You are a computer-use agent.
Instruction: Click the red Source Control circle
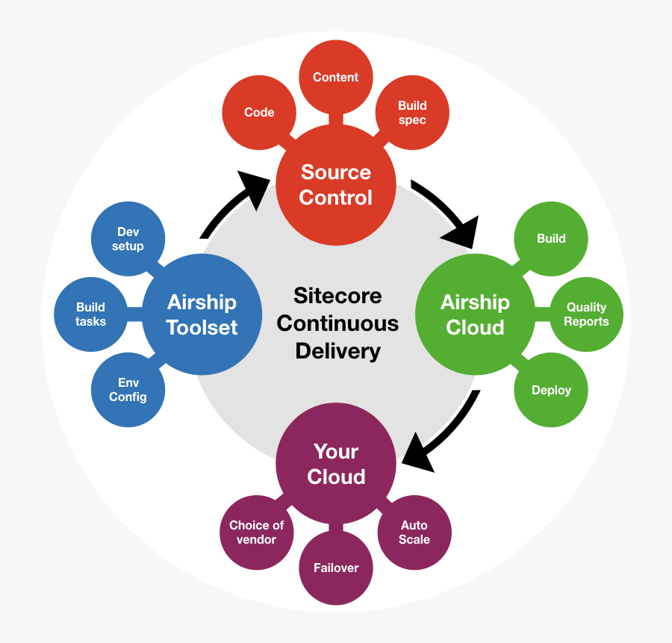coord(336,185)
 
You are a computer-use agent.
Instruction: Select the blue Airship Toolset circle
coord(202,314)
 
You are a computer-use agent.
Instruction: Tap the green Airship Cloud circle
coord(476,314)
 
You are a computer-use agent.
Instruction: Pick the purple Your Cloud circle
coord(336,463)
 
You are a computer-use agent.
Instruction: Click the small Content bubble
coord(336,77)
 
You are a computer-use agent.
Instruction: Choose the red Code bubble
coord(259,112)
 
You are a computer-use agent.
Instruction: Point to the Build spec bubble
coord(412,112)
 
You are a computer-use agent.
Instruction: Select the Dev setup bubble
coord(128,239)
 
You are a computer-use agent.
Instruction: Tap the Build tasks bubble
coord(91,314)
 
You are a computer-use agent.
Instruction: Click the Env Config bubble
coord(128,390)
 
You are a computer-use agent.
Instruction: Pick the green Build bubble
coord(551,239)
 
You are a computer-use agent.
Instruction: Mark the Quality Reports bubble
coord(586,314)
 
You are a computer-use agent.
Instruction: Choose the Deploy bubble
coord(551,390)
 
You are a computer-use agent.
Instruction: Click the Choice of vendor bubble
coord(257,532)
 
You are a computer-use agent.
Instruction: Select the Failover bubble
coord(336,568)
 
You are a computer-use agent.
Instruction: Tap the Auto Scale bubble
coord(414,532)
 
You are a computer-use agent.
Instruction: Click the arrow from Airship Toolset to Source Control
coord(227,202)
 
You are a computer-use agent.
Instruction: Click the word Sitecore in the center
coord(337,296)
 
